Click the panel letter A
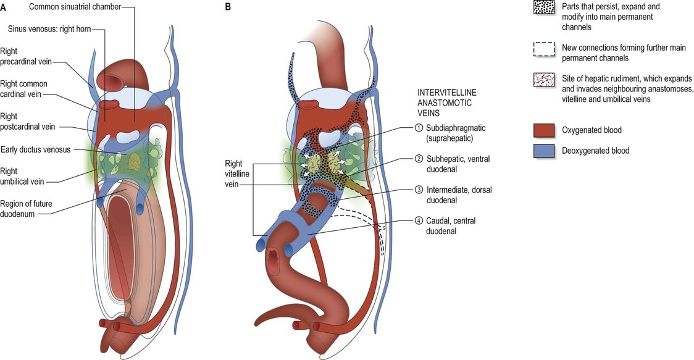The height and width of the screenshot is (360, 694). click(x=3, y=7)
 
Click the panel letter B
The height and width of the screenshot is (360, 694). click(x=228, y=7)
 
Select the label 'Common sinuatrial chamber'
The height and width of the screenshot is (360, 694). click(x=75, y=7)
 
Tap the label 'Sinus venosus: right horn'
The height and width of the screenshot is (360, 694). click(x=49, y=29)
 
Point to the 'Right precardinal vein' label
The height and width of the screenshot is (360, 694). click(x=26, y=56)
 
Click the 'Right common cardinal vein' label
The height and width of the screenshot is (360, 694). click(x=24, y=88)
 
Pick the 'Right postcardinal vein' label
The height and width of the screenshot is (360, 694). click(x=27, y=121)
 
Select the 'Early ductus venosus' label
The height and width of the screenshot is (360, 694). click(x=35, y=149)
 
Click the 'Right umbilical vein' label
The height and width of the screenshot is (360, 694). click(x=22, y=176)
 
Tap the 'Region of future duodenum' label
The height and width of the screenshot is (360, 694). click(x=26, y=209)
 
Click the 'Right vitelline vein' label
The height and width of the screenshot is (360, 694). click(x=237, y=174)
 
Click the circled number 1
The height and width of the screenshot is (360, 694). click(x=419, y=128)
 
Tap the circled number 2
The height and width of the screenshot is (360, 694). click(x=419, y=159)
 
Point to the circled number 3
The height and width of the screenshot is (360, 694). click(x=419, y=190)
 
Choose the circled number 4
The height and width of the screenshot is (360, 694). click(x=419, y=221)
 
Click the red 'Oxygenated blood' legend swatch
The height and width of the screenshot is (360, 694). click(x=545, y=130)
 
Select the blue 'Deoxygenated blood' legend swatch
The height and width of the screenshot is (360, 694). click(x=545, y=151)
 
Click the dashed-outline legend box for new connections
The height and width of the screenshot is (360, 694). click(x=545, y=49)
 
